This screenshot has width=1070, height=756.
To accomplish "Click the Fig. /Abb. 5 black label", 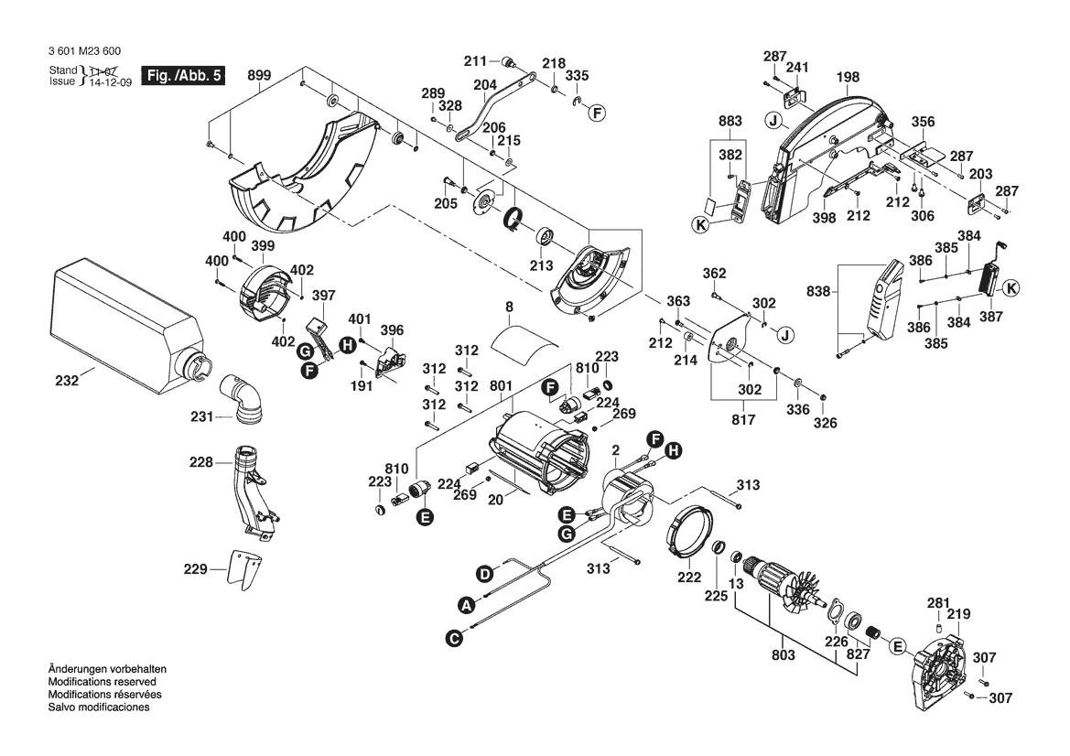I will click(x=182, y=76).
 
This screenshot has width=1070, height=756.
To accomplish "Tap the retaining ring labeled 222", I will click(x=688, y=578).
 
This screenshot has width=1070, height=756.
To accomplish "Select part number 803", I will click(x=784, y=655).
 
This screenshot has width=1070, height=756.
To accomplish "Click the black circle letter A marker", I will click(x=467, y=605).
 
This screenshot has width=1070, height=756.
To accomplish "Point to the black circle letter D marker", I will click(x=484, y=574).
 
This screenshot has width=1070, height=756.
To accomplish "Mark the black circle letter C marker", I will click(x=454, y=638).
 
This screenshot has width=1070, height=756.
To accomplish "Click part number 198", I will click(x=848, y=78).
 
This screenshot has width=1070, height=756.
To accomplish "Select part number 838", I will click(x=819, y=292).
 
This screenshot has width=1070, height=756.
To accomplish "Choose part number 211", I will click(x=474, y=61).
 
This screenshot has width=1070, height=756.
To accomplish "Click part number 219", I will click(x=958, y=614).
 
